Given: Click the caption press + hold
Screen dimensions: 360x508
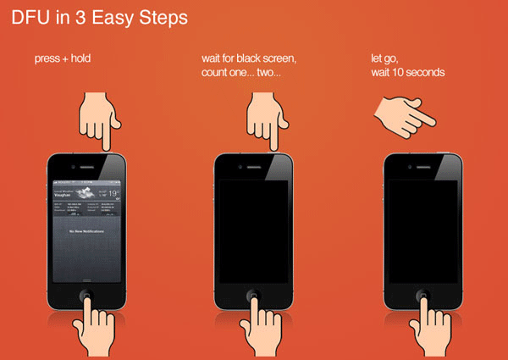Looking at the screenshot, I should tap(61, 59).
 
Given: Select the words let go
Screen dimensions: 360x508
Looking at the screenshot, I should tap(384, 59).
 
